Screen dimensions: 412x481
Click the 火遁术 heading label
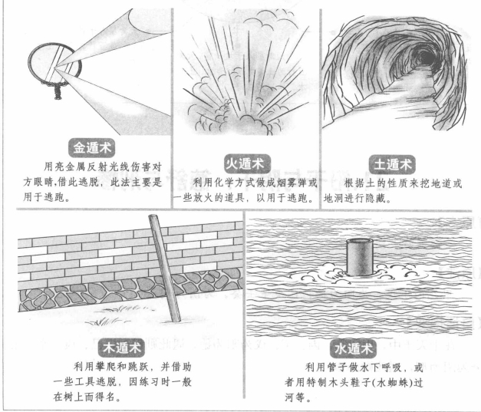point(242,164)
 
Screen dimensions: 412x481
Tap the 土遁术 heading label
point(390,163)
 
